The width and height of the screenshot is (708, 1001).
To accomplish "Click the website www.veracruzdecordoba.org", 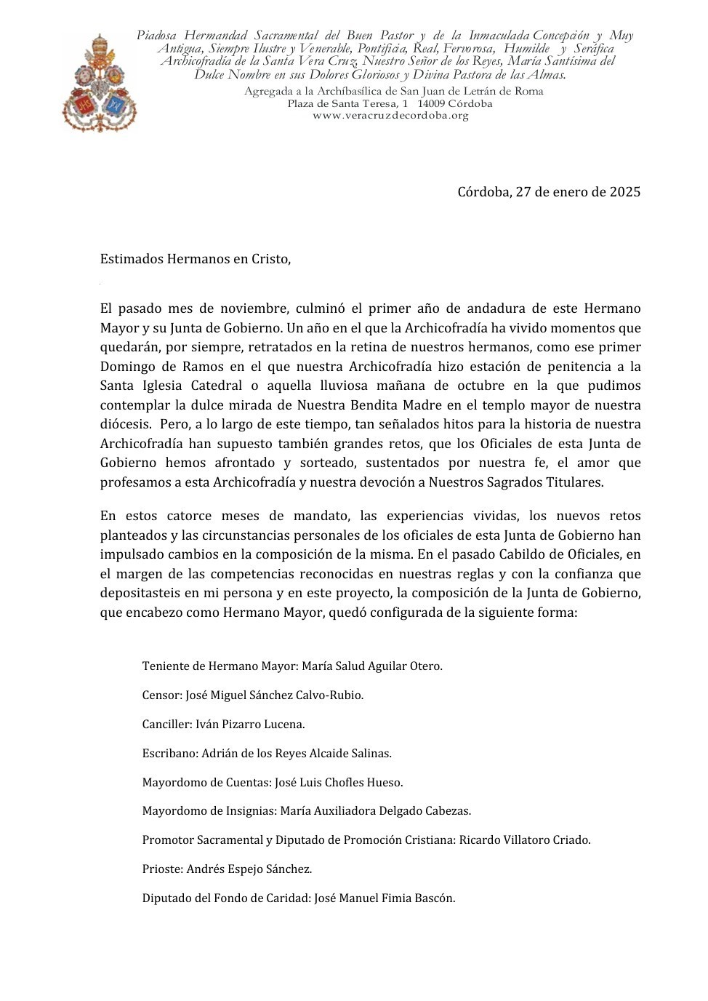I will click(x=390, y=116).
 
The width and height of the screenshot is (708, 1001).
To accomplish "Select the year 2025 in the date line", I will click(x=625, y=193).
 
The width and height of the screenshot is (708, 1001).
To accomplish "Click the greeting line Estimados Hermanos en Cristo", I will click(x=196, y=259).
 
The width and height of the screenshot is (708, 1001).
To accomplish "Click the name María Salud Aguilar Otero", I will click(x=371, y=666).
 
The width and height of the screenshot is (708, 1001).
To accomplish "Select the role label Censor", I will click(x=161, y=695).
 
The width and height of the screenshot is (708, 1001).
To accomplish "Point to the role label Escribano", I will click(x=169, y=754).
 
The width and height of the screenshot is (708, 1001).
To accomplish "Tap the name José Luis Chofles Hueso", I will click(x=338, y=783).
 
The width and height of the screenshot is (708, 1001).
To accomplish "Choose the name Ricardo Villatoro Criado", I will click(x=525, y=840).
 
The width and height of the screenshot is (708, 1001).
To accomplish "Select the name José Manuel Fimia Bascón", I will click(x=385, y=898).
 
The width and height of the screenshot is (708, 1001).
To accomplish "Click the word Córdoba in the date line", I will click(x=483, y=193).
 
